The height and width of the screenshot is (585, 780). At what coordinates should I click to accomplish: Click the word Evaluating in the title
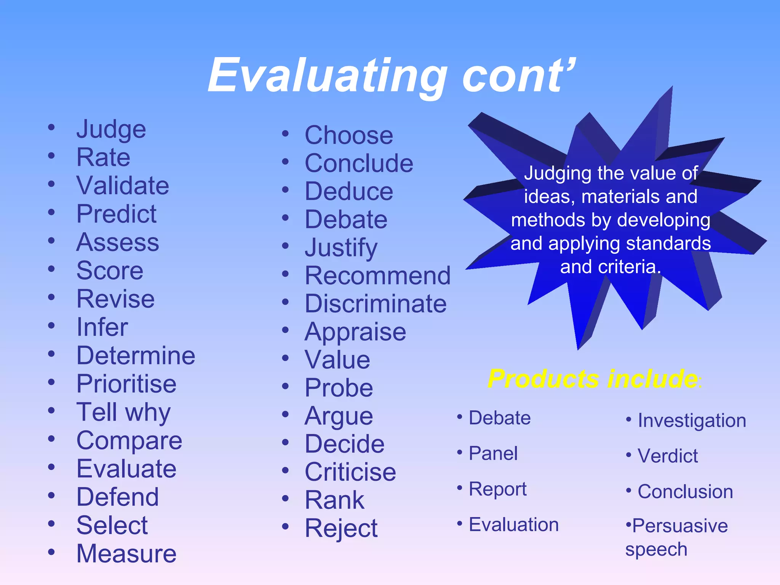328,76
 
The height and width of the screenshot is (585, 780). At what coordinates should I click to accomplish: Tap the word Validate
123,186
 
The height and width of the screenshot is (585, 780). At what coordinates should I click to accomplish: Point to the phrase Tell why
123,413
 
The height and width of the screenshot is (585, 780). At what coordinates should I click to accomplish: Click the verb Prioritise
126,384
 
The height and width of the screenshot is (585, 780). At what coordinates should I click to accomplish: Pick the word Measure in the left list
126,554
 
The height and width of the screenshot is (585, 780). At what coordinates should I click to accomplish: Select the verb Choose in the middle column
349,136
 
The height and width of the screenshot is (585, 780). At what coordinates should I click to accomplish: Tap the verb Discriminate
376,304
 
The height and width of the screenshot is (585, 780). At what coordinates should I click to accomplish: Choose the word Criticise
350,472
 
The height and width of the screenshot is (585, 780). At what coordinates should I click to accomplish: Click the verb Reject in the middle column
341,529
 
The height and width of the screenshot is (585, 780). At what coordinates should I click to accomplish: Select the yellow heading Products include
593,379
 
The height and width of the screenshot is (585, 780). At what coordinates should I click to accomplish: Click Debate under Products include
500,418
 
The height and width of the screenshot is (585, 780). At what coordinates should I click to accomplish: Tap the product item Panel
493,454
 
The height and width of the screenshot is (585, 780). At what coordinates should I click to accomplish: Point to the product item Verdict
668,456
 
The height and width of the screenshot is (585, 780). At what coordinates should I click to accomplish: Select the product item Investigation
692,421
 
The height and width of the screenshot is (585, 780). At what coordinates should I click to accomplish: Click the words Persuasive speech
676,537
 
